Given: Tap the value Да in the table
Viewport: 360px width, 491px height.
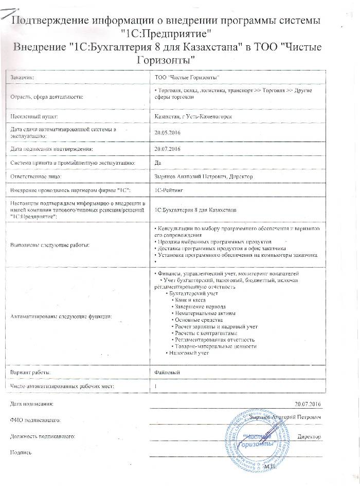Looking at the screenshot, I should click(x=158, y=163).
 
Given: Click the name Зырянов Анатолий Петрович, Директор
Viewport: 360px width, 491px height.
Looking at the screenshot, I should click(x=204, y=177).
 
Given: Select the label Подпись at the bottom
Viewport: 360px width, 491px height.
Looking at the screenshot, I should click(x=21, y=452).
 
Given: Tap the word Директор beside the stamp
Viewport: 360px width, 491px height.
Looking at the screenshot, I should click(x=309, y=436).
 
